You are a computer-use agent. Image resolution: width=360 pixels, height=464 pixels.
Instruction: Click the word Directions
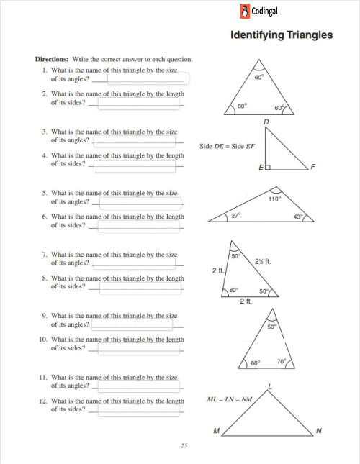point(52,59)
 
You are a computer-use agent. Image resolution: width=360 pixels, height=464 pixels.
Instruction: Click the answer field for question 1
point(148,79)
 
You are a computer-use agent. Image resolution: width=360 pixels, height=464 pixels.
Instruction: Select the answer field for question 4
point(135,165)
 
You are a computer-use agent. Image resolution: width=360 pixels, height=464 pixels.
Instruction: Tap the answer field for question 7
point(135,263)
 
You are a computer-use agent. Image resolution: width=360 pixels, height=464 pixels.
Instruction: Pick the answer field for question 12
point(138,409)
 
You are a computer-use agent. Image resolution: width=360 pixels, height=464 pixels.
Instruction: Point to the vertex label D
point(266,122)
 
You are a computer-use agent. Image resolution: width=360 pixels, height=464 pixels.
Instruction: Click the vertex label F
point(312,168)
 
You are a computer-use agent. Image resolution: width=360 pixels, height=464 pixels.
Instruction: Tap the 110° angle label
point(274,199)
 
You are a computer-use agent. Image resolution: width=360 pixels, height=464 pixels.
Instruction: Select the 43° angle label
point(298,216)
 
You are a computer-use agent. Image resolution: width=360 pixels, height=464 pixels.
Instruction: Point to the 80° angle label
point(233,290)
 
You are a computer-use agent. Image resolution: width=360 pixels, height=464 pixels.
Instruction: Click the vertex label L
point(269,387)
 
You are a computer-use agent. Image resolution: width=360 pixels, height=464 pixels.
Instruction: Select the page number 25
point(184,446)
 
